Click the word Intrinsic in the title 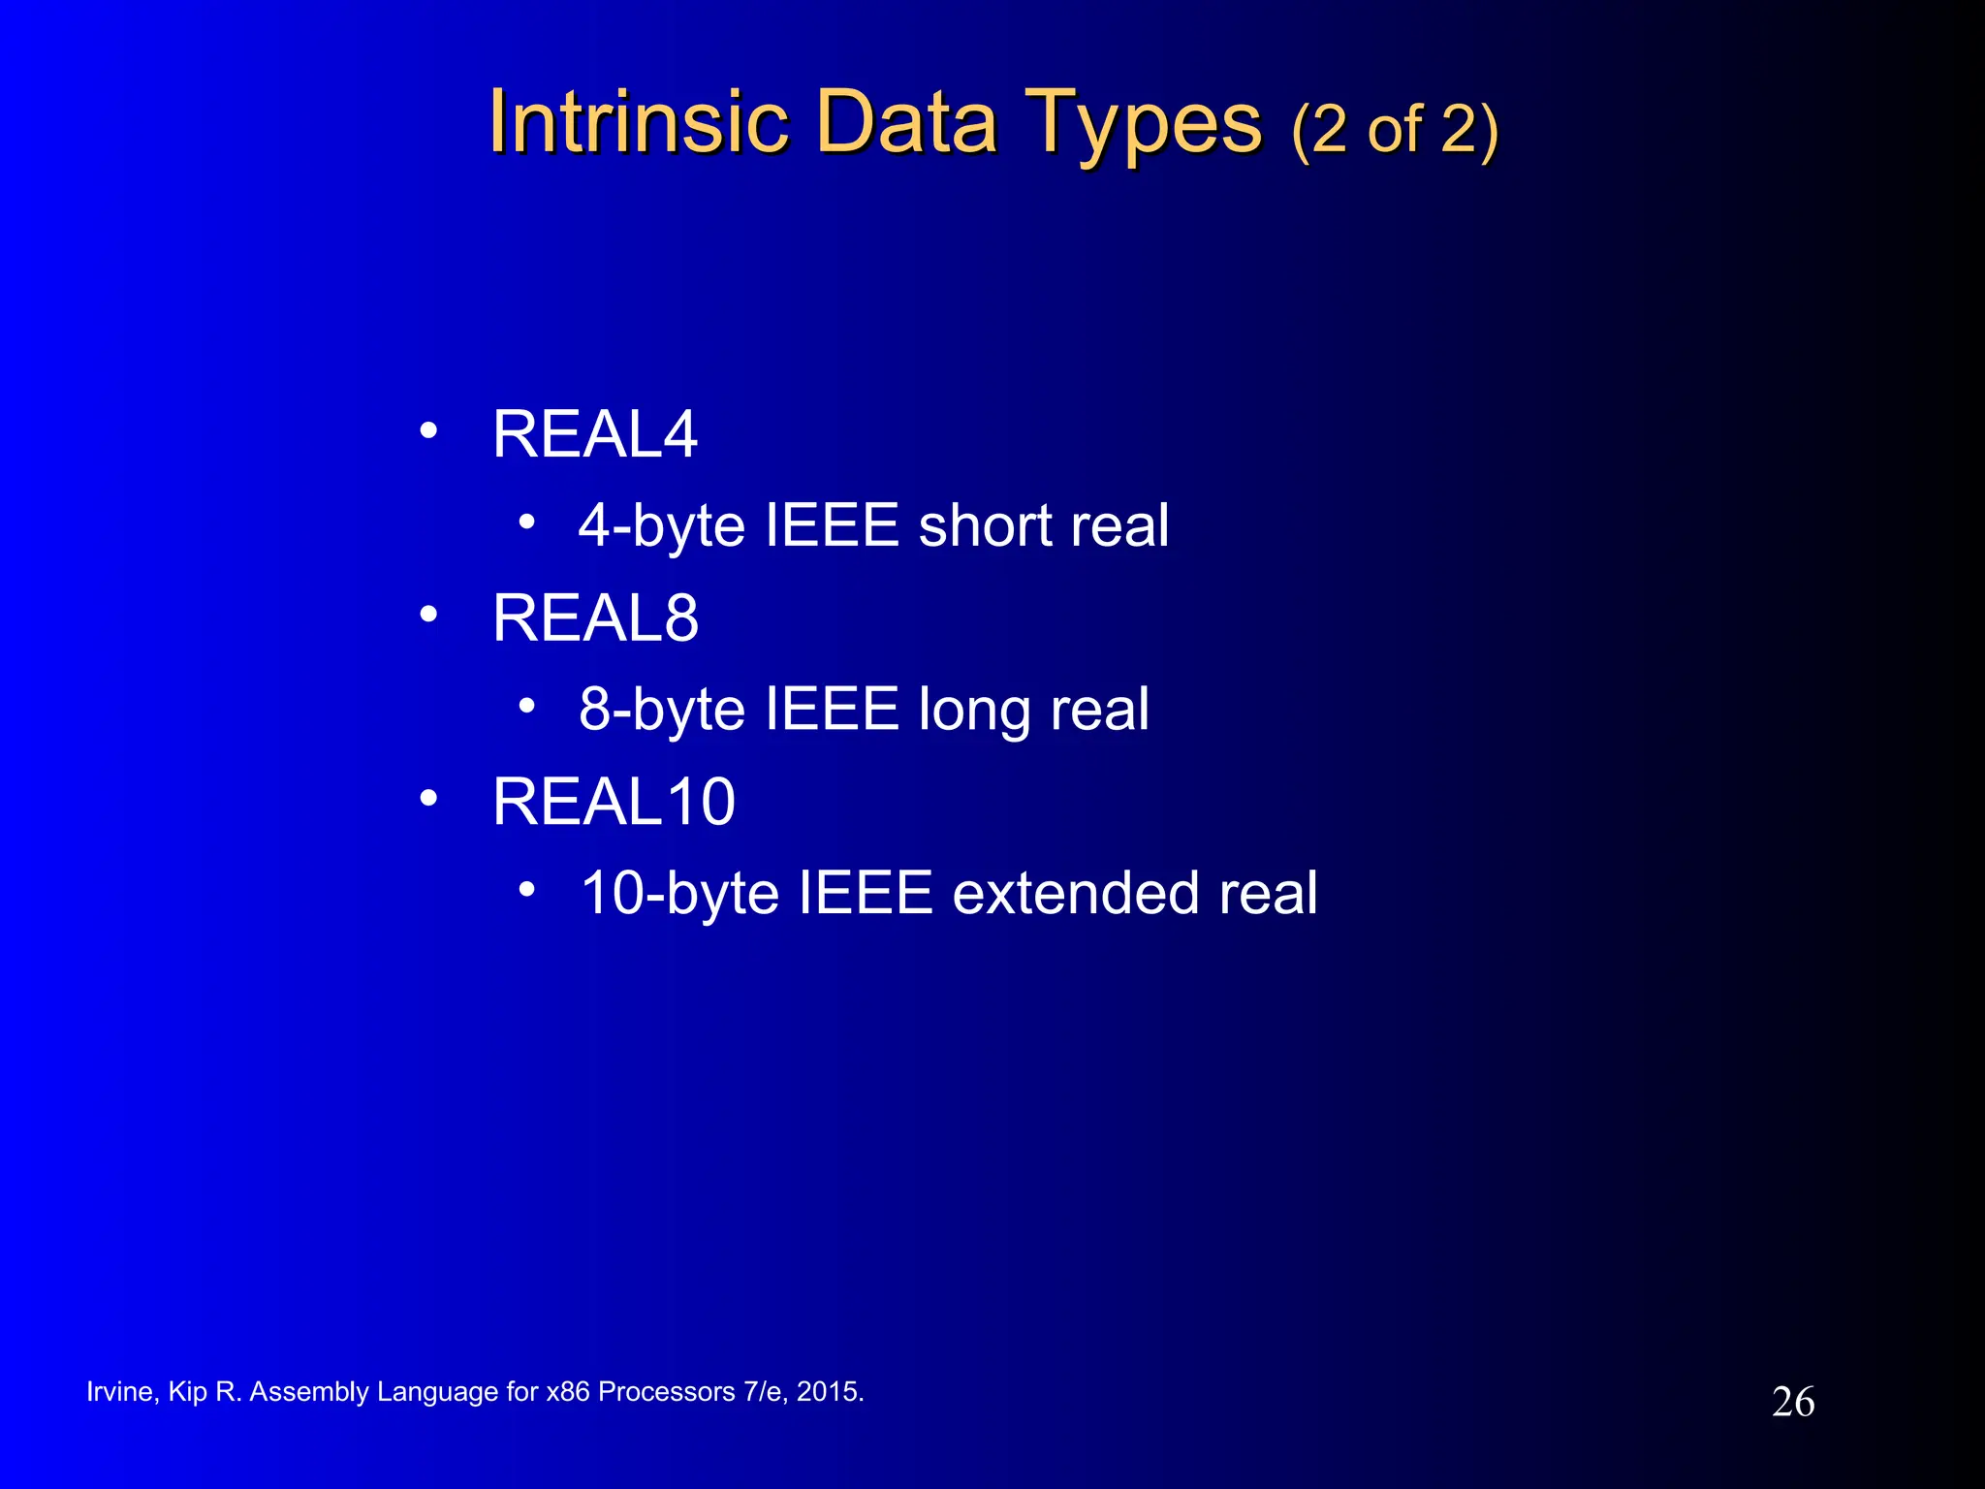638,122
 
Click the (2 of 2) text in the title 1395,130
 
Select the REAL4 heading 594,434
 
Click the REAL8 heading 594,618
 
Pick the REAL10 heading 614,802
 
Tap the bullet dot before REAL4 428,430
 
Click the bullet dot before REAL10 428,799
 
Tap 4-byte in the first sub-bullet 661,527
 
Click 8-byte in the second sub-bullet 661,712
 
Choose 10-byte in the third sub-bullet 678,895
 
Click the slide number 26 1792,1403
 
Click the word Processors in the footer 666,1392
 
